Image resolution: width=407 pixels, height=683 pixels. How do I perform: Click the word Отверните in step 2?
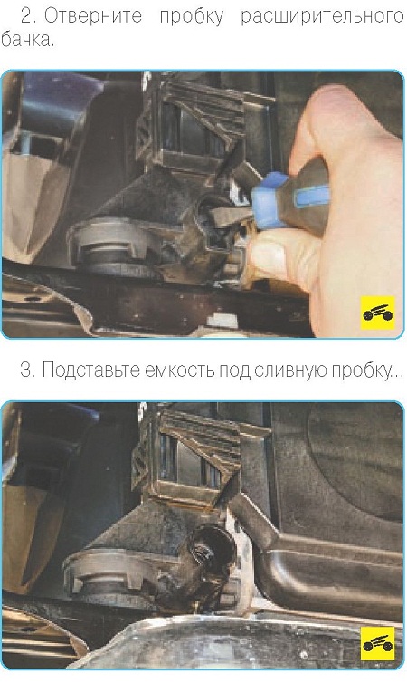pos(93,15)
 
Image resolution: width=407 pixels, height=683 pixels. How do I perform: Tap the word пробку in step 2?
pos(192,16)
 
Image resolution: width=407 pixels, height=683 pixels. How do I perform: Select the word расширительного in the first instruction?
pos(322,16)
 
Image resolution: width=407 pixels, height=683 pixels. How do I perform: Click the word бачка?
pos(27,40)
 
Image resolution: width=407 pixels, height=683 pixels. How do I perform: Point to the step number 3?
pos(27,370)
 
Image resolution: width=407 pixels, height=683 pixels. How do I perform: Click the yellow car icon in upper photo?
pos(378,313)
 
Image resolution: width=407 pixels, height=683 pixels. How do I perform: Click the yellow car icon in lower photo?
pos(378,643)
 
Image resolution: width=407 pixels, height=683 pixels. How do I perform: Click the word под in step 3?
pos(234,371)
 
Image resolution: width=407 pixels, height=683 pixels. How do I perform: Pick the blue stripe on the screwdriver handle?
pos(311,196)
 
